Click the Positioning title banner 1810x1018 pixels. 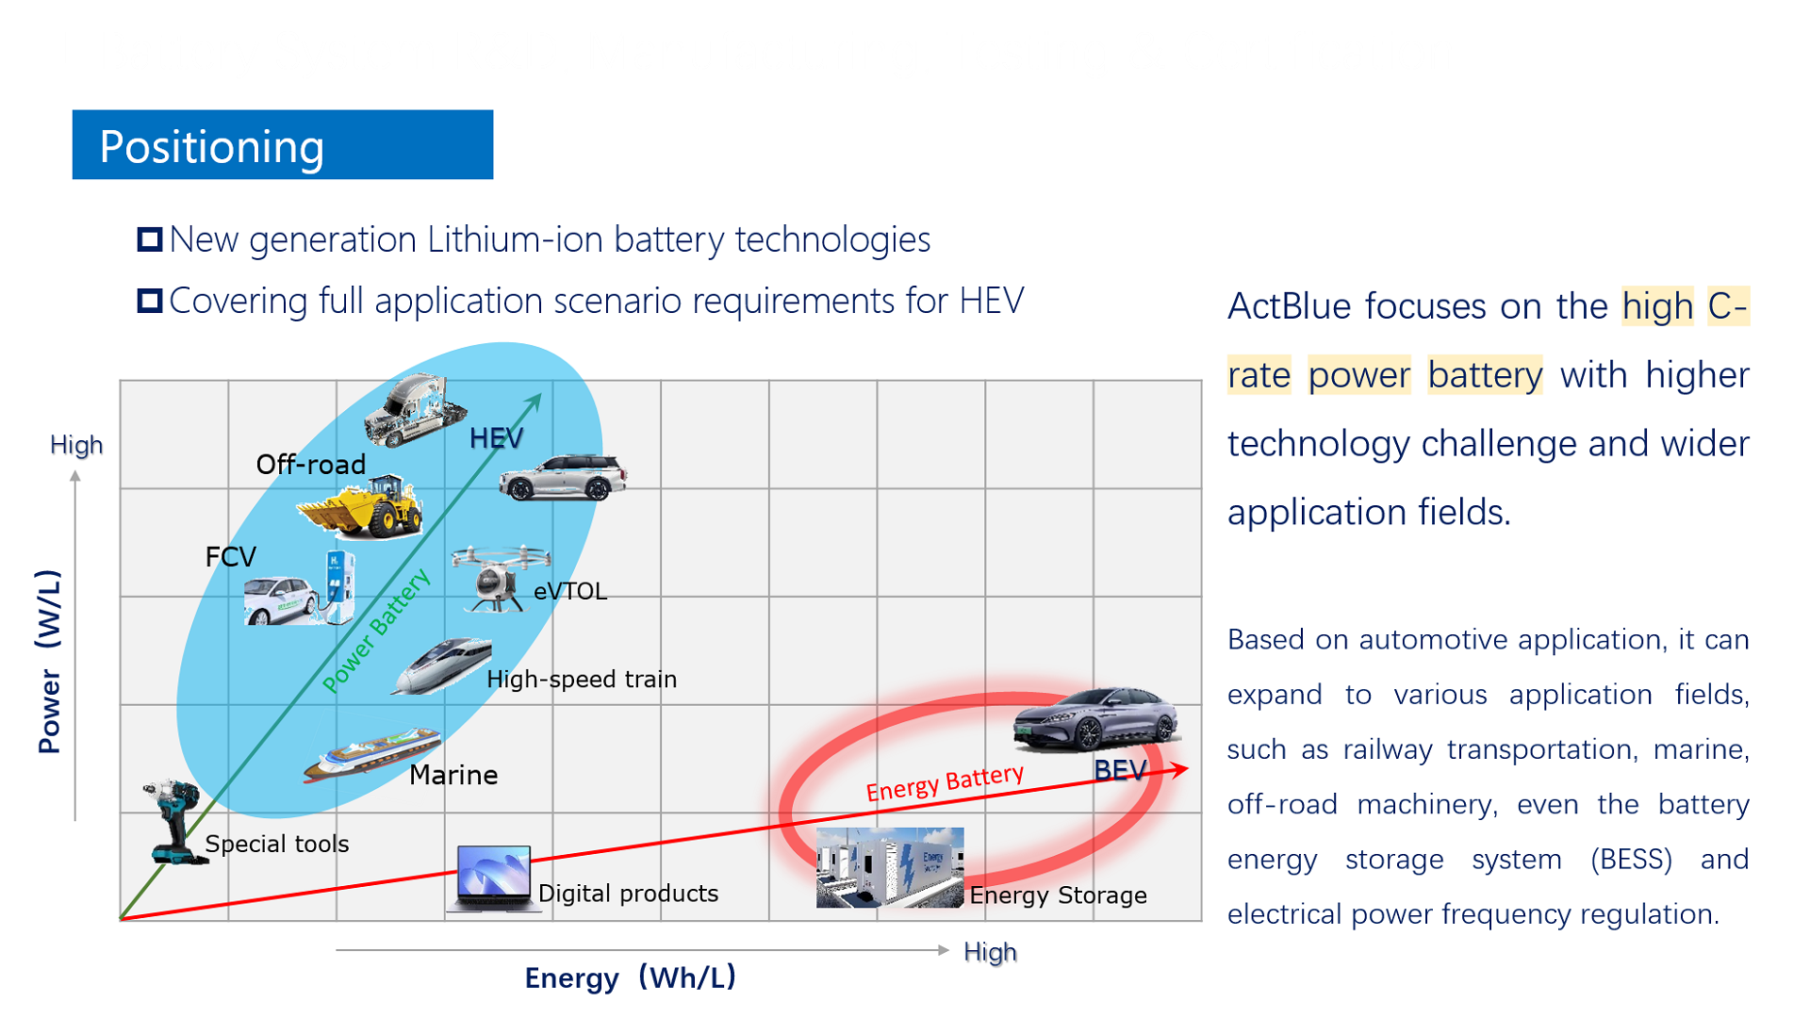tap(283, 144)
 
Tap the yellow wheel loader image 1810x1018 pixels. tap(360, 508)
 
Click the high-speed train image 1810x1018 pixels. tap(441, 666)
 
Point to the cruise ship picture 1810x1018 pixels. tap(371, 754)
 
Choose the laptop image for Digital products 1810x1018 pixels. tap(492, 878)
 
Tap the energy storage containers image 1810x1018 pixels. tap(890, 867)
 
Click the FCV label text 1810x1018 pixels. tap(231, 557)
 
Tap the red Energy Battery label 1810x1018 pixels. tap(945, 783)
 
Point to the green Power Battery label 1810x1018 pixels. tap(376, 630)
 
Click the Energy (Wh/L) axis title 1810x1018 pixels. tap(630, 977)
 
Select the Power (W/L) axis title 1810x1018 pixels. tap(49, 661)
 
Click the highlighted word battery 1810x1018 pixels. tap(1485, 375)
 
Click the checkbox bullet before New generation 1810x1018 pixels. tap(150, 239)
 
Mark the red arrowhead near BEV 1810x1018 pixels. tap(1179, 770)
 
